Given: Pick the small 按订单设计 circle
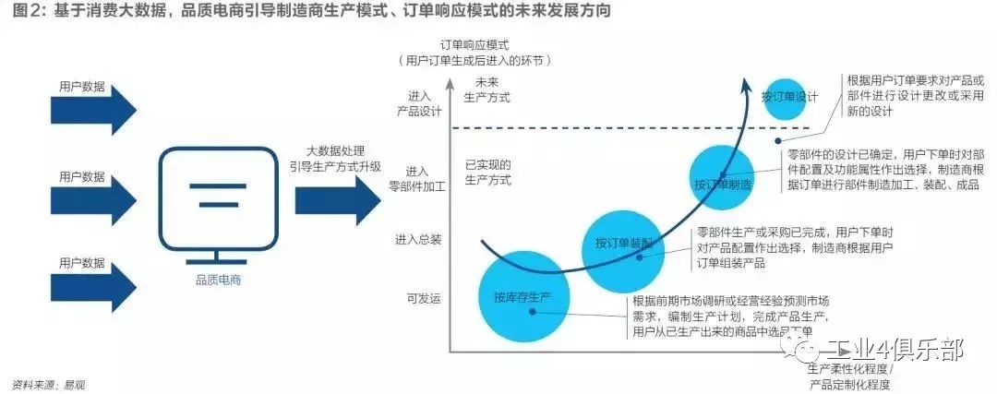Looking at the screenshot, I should [x=790, y=97].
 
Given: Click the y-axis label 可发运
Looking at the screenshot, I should [x=424, y=298].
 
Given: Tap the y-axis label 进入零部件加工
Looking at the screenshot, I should [x=418, y=178].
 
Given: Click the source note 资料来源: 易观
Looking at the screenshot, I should [x=54, y=384].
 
